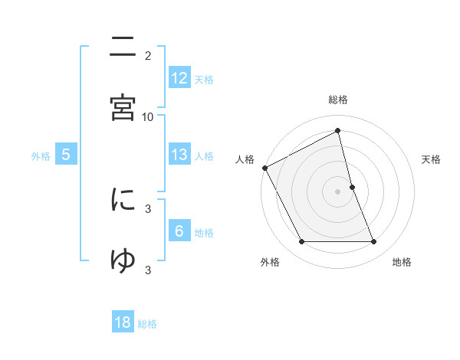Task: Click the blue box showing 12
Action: tap(179, 78)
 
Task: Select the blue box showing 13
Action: tap(179, 155)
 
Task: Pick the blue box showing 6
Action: tap(179, 231)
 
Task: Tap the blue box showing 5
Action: tap(66, 155)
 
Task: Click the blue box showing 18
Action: tap(123, 322)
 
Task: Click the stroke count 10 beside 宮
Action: tap(148, 116)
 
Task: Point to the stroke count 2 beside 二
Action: tap(148, 55)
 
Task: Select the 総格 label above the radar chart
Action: tap(338, 100)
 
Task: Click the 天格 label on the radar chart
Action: tap(431, 159)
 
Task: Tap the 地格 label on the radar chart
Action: tap(402, 262)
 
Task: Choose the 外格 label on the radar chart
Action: tap(270, 262)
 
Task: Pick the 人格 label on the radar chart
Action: tap(245, 159)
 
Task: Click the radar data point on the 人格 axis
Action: tap(264, 168)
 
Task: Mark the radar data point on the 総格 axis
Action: tap(338, 130)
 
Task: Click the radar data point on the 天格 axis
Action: tap(353, 187)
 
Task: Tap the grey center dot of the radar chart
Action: tap(338, 191)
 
